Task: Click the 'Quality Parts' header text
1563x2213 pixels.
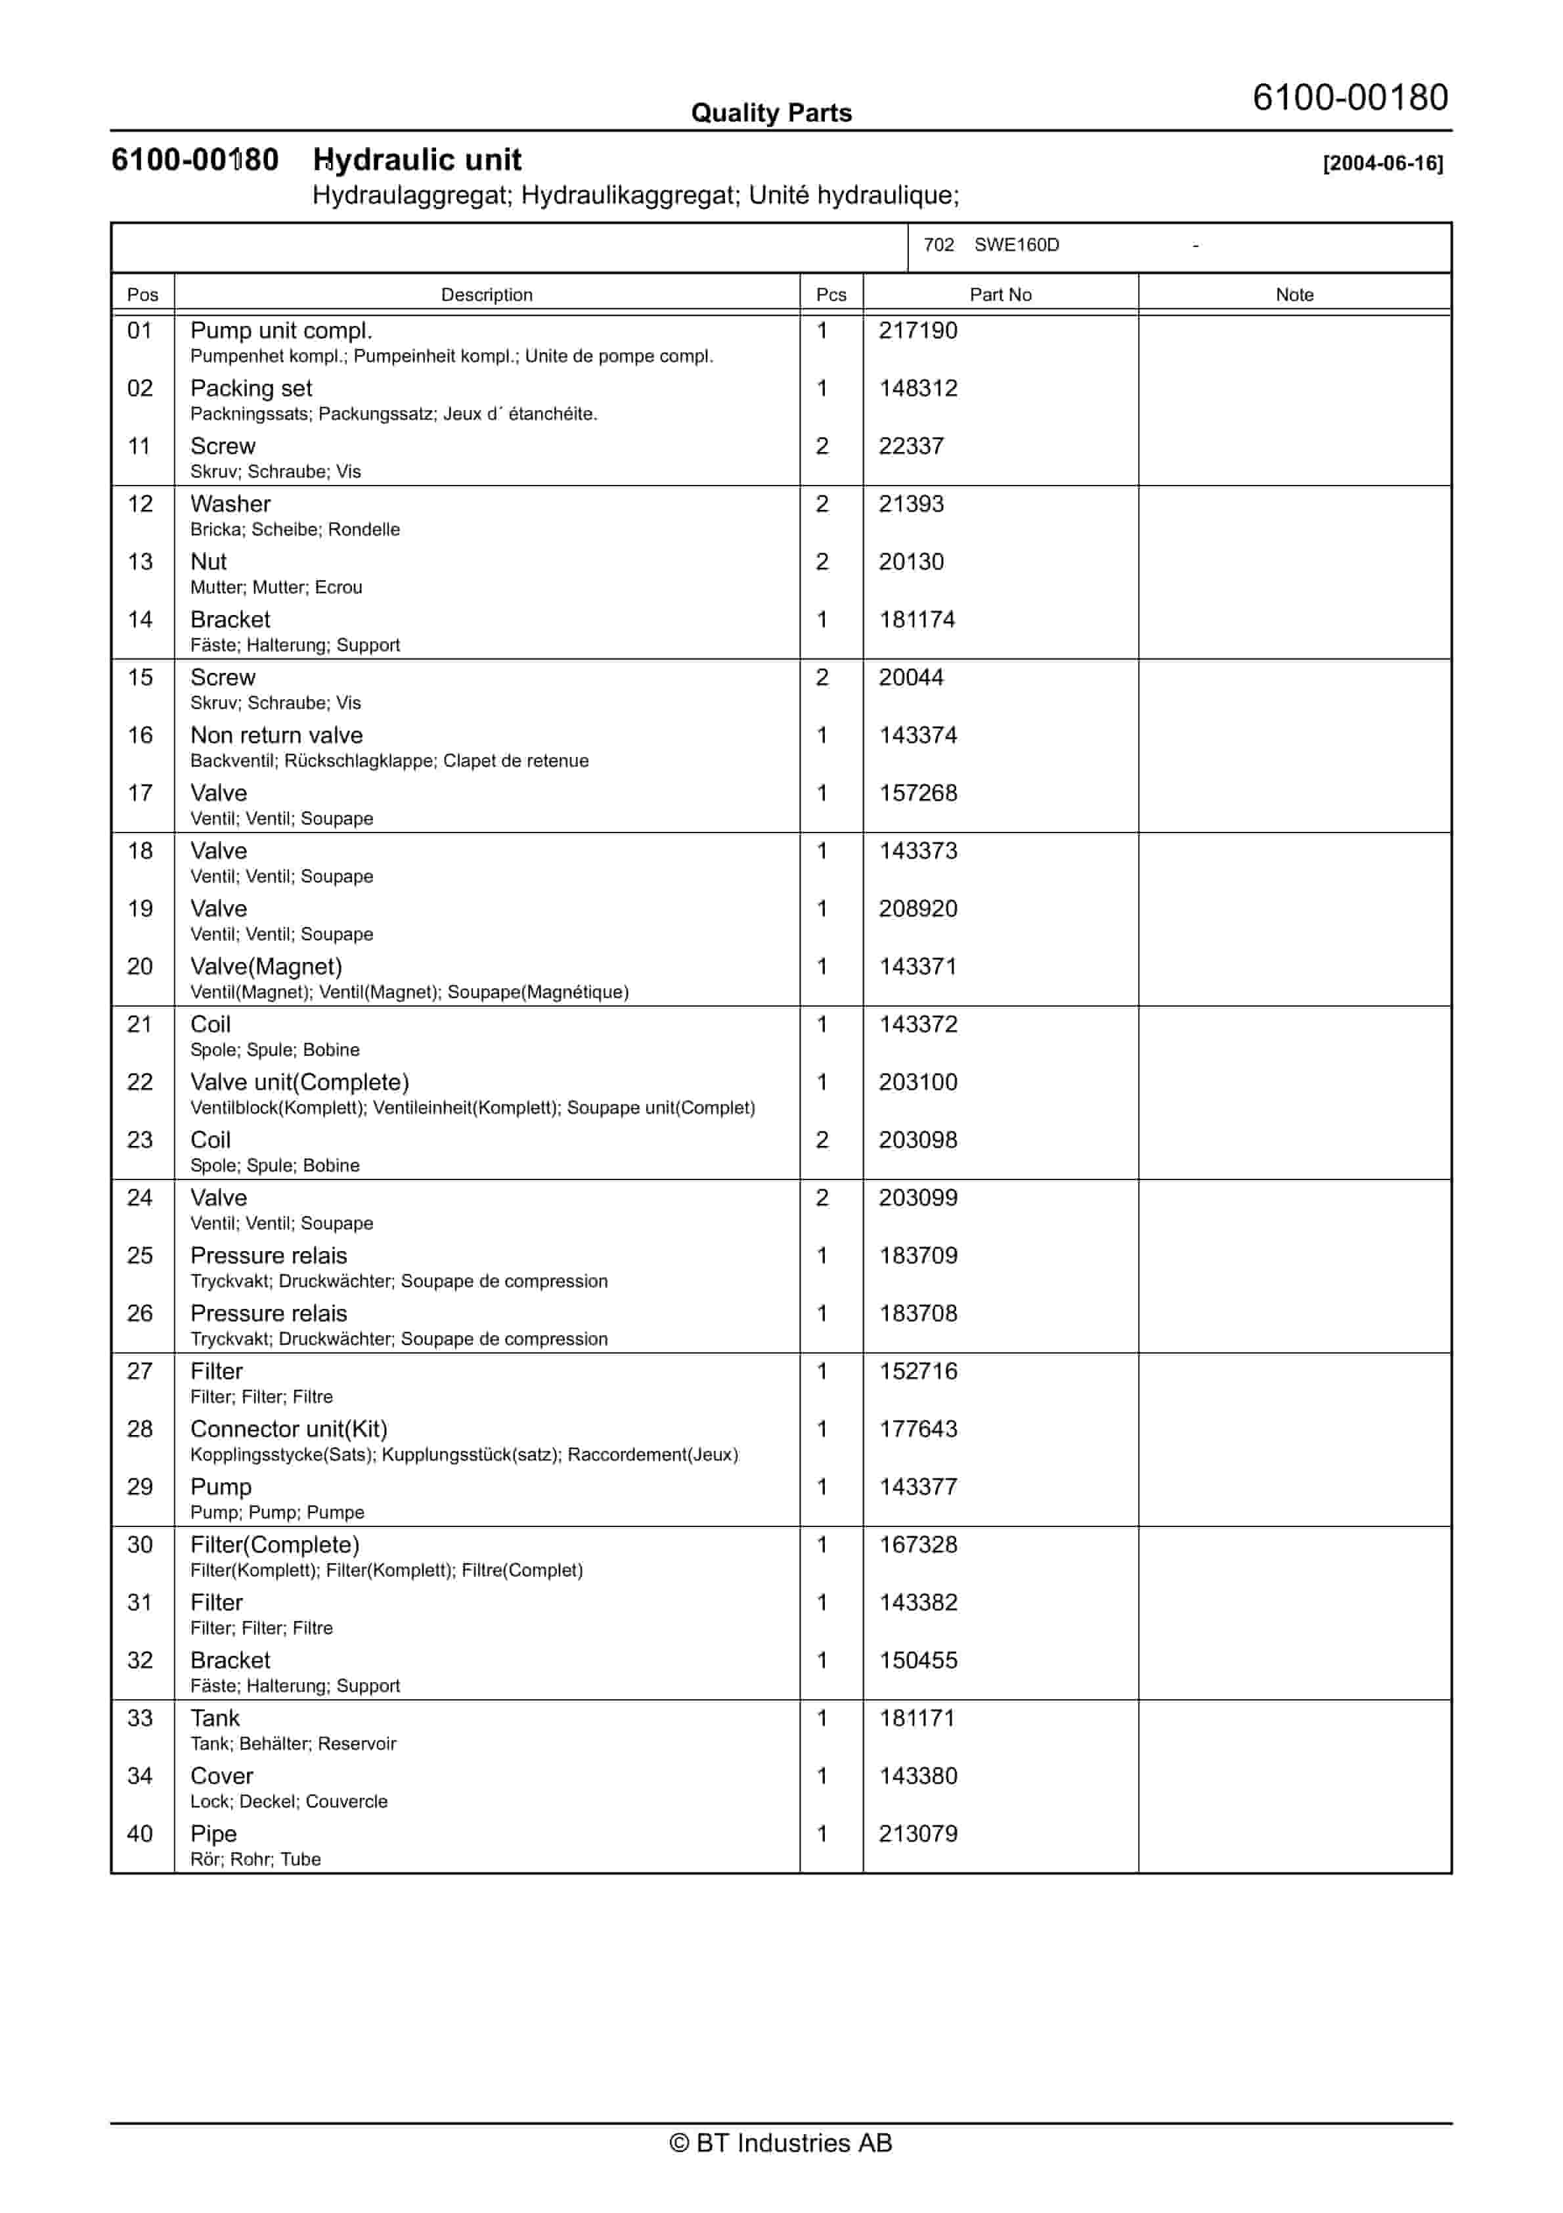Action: coord(771,113)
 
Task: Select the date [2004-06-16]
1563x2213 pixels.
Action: coord(1383,163)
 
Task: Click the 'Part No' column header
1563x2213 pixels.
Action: coord(1000,295)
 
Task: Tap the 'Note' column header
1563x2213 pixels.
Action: coord(1294,295)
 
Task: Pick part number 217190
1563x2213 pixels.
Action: coord(917,331)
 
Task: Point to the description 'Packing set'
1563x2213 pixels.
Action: coord(251,388)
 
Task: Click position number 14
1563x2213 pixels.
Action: coord(141,620)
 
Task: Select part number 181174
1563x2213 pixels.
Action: coord(916,620)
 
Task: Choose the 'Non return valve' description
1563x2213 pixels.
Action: coord(276,735)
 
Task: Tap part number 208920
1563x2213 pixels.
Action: coord(917,909)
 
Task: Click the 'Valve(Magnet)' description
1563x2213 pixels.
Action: coord(266,967)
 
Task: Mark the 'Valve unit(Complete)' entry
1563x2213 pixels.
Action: coord(299,1082)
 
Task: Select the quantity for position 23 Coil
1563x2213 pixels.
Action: coord(822,1140)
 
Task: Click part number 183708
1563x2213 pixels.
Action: coord(917,1313)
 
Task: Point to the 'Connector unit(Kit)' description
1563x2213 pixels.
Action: coord(288,1429)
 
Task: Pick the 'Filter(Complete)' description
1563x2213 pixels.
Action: coord(275,1545)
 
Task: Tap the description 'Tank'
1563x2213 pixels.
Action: coord(215,1718)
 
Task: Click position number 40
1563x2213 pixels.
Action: coord(141,1835)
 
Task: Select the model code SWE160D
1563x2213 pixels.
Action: coord(1016,245)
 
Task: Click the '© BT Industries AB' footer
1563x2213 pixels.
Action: coord(781,2143)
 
